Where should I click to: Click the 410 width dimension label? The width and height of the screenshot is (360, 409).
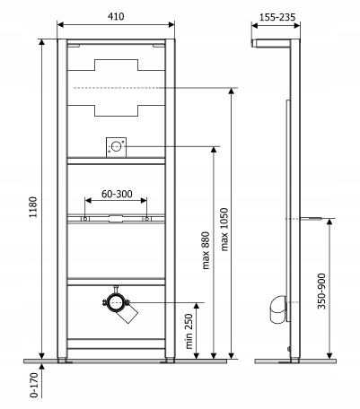(x=116, y=16)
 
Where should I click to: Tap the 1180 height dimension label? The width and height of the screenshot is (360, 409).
(x=33, y=207)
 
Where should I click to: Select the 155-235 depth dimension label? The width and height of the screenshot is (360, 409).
(x=277, y=17)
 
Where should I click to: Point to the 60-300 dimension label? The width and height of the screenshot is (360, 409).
(x=117, y=194)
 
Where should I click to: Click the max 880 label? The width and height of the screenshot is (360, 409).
(x=206, y=250)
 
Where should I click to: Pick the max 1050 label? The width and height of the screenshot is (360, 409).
(x=224, y=230)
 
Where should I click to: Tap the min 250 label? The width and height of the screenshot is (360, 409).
(x=189, y=331)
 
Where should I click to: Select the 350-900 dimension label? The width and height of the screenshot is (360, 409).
(x=321, y=291)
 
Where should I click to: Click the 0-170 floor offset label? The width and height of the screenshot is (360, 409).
(x=34, y=385)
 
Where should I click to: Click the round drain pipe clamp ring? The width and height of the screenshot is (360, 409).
(x=116, y=302)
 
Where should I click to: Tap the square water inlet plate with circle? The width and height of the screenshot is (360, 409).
(x=116, y=147)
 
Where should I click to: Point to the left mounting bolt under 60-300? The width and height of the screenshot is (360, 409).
(x=85, y=219)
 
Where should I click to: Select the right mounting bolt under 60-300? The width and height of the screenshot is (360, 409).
(x=146, y=219)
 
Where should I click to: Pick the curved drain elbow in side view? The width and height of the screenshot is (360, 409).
(x=277, y=309)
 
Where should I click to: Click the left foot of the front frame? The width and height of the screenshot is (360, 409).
(x=63, y=361)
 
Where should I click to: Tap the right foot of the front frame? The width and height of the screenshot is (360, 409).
(x=170, y=361)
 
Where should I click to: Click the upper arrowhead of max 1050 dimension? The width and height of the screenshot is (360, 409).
(x=231, y=91)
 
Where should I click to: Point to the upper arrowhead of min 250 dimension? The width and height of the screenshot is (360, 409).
(x=197, y=306)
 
